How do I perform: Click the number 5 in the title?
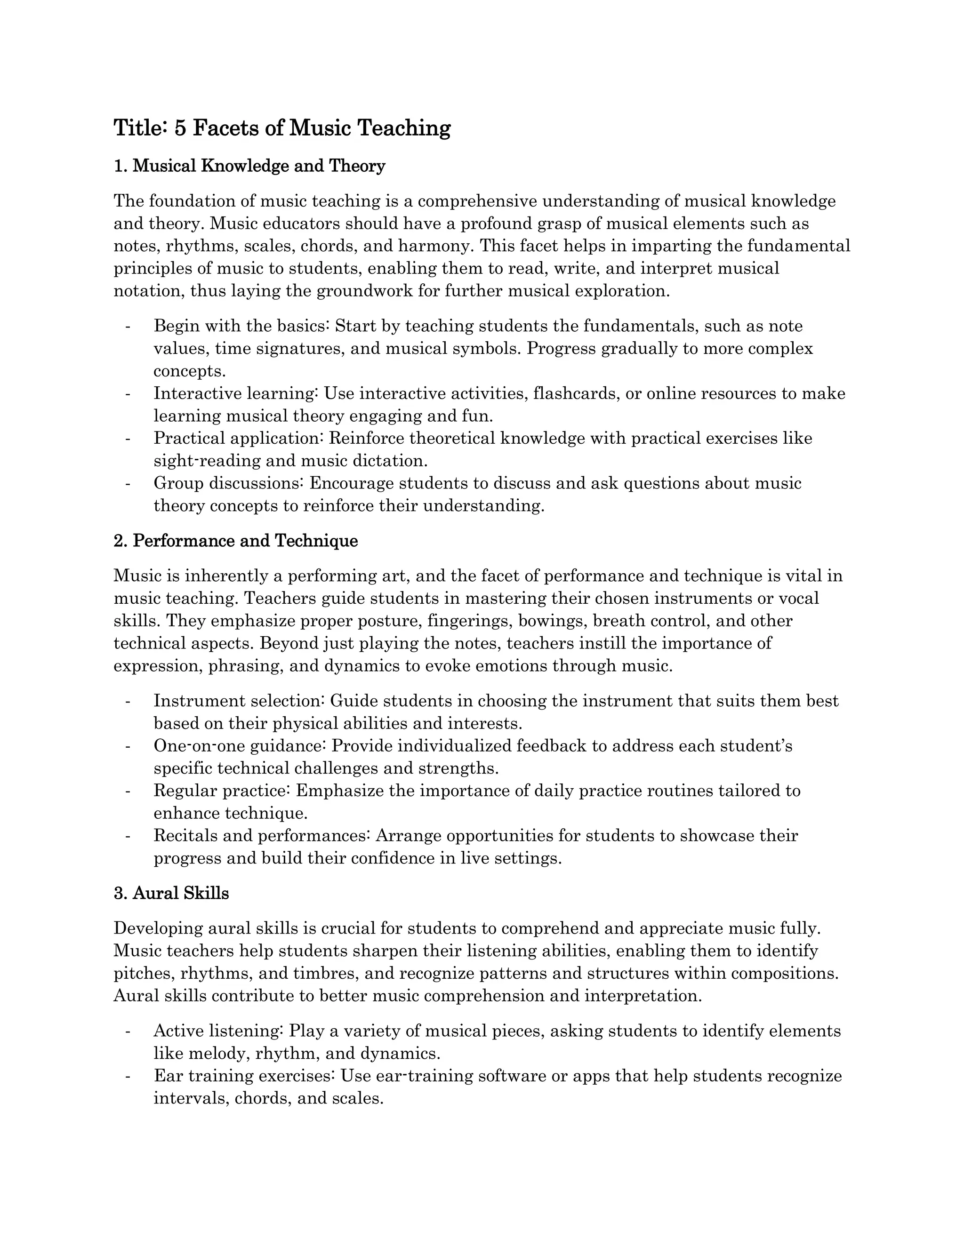tap(180, 128)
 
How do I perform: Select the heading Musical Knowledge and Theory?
tap(259, 166)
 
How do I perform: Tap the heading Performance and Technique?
tap(245, 541)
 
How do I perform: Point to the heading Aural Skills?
tap(180, 893)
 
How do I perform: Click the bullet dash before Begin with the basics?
tap(128, 326)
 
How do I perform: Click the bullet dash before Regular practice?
tap(128, 791)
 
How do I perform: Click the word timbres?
tap(321, 973)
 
